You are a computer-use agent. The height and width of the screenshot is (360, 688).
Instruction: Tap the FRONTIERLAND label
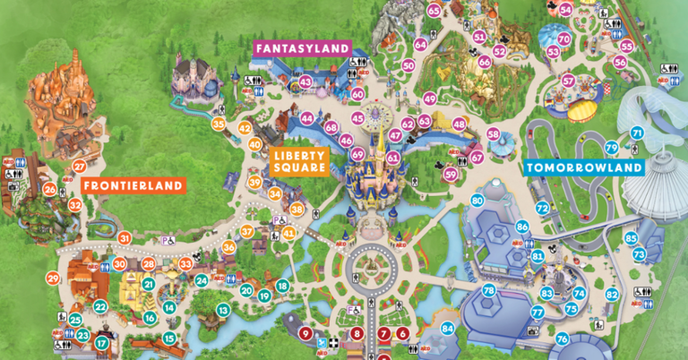[133, 186]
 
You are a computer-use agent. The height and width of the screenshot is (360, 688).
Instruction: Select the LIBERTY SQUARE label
[297, 160]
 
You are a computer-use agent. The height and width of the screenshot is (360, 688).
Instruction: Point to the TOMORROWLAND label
[584, 167]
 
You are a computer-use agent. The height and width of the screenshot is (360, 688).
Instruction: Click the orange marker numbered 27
[79, 166]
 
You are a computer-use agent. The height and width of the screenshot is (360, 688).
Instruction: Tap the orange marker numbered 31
[125, 238]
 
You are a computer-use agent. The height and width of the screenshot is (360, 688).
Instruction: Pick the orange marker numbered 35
[219, 124]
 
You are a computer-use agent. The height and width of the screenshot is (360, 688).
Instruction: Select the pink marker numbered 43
[305, 82]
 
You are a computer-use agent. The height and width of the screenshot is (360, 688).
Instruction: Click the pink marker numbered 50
[408, 65]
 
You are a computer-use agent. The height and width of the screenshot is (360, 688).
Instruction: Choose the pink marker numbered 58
[493, 134]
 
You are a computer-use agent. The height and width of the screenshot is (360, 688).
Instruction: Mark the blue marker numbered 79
[611, 148]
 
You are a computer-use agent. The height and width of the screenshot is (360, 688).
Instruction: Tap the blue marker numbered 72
[542, 209]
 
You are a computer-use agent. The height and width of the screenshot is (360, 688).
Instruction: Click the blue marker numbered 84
[448, 329]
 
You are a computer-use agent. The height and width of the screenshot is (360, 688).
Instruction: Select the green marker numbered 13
[222, 310]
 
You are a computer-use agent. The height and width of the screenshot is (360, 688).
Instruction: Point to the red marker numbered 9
[305, 333]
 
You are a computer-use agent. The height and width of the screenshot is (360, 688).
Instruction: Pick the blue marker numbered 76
[562, 339]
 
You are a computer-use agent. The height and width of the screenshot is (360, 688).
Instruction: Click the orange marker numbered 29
[53, 279]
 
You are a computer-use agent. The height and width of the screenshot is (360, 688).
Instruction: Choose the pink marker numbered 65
[434, 11]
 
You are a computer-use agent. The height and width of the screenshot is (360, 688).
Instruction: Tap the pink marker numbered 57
[568, 81]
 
